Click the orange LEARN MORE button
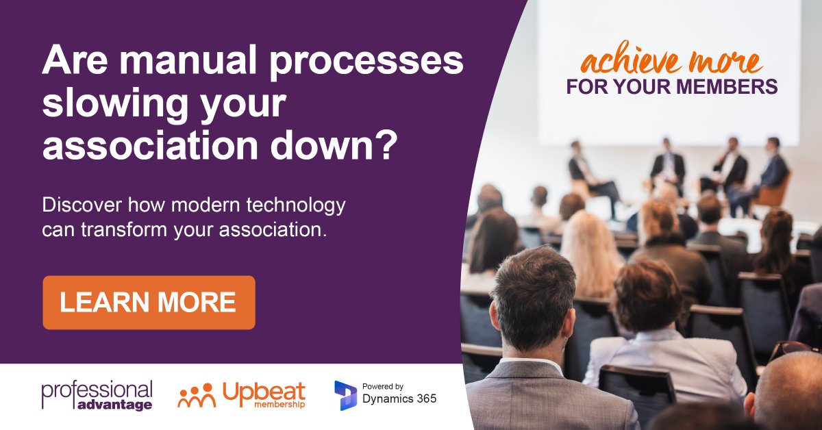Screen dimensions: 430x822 pos(149,303)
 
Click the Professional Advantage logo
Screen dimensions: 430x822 pos(97,395)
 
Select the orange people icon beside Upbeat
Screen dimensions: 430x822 pos(197,395)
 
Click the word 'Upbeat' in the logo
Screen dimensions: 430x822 pos(264,392)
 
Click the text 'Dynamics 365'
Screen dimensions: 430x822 pos(399,399)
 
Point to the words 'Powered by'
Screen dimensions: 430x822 pos(382,385)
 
